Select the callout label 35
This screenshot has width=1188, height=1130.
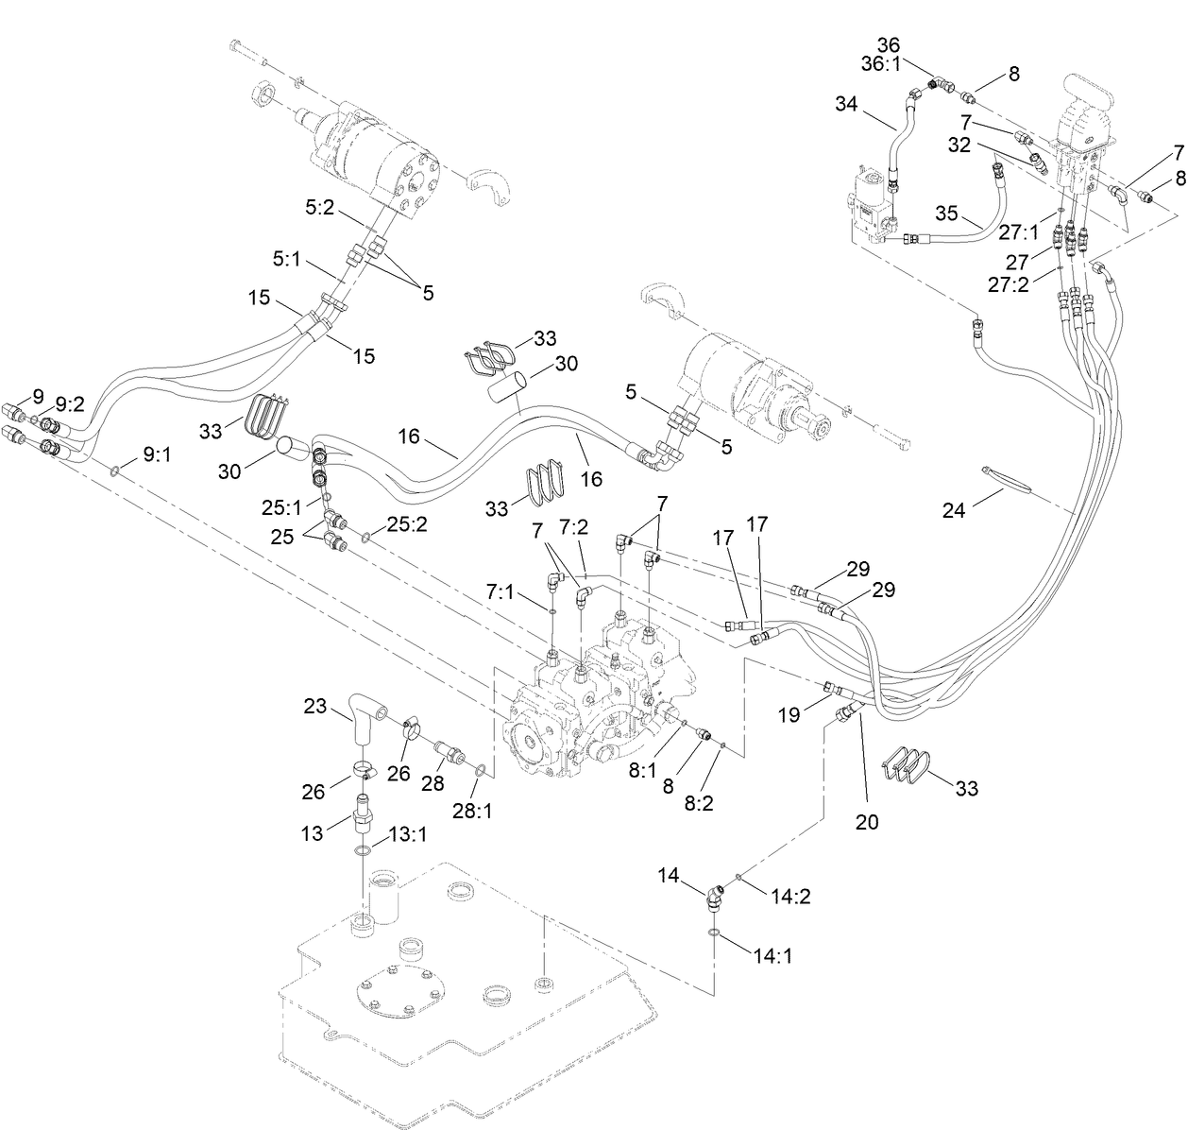click(x=952, y=212)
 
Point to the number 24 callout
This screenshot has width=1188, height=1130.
click(x=955, y=510)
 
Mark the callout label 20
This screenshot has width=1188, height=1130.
click(x=866, y=822)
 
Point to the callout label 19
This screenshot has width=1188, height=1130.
click(x=788, y=715)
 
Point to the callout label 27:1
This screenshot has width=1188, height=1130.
click(x=1018, y=231)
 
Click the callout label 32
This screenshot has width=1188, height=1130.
click(x=959, y=146)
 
